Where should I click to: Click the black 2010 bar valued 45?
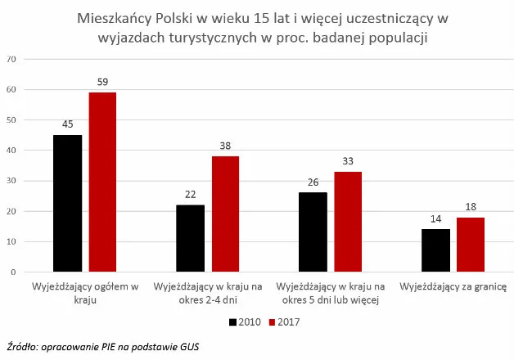(67, 203)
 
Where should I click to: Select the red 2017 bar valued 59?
(102, 182)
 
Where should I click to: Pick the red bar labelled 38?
(225, 214)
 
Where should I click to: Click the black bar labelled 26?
(313, 232)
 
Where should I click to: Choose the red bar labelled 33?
(348, 221)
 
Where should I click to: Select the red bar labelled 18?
(471, 244)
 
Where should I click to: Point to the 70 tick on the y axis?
(11, 59)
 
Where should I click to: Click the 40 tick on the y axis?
(11, 151)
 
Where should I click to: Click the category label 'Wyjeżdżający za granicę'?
(453, 287)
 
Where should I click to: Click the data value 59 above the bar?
(102, 83)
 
